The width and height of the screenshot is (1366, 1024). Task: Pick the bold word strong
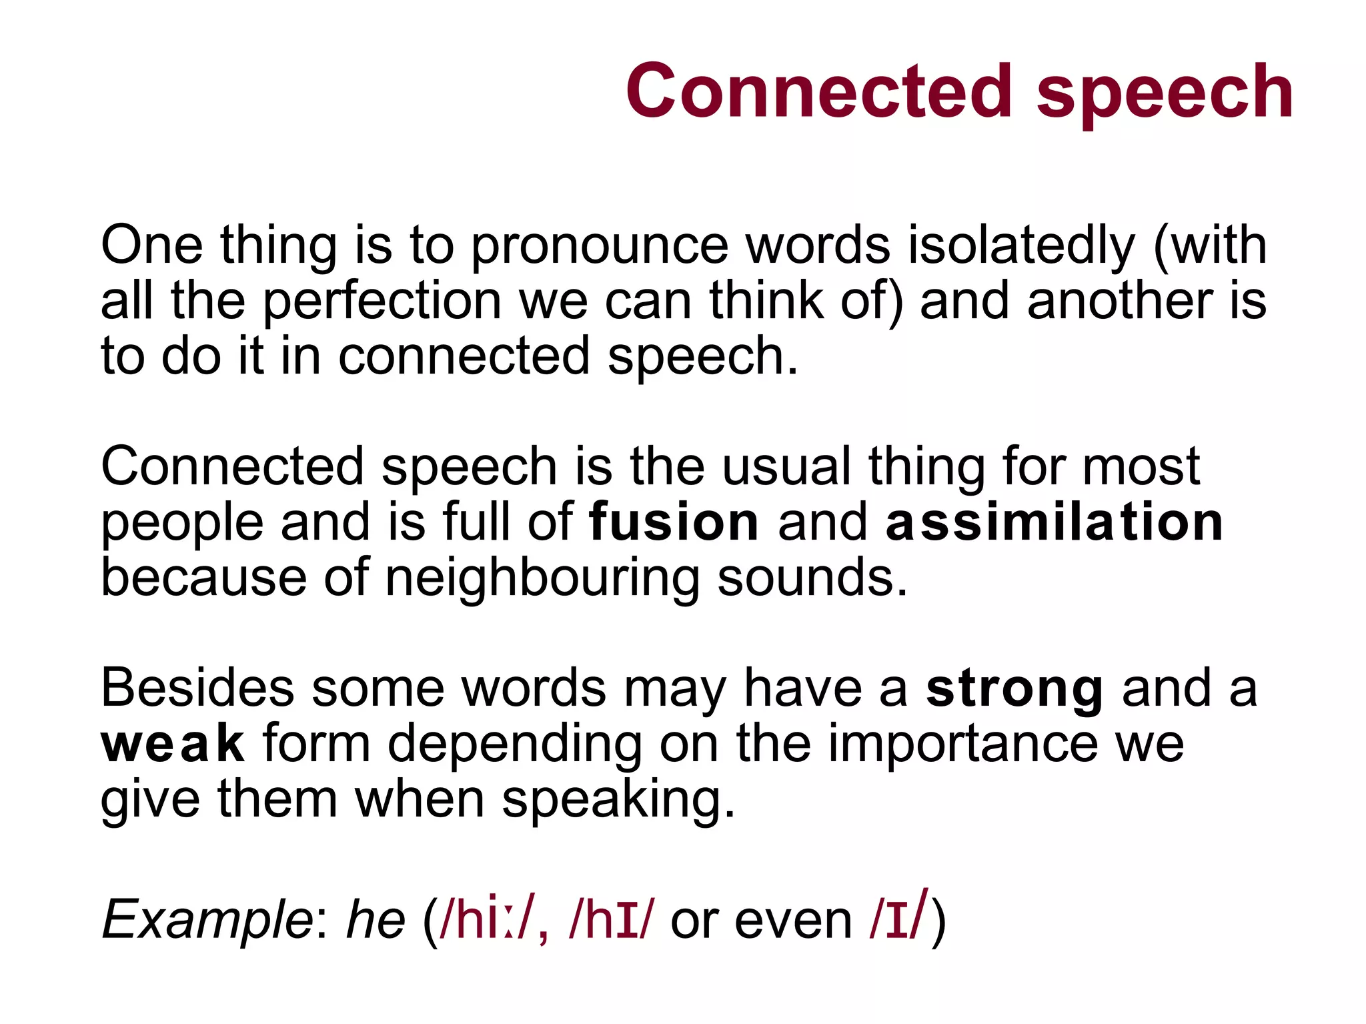(1014, 690)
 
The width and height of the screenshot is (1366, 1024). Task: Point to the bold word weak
(172, 744)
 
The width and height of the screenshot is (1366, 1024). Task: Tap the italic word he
(376, 919)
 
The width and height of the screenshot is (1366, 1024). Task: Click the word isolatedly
(1020, 245)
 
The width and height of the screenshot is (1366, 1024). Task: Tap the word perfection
(382, 302)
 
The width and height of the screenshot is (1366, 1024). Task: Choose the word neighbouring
(542, 579)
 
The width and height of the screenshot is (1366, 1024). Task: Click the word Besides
(197, 688)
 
